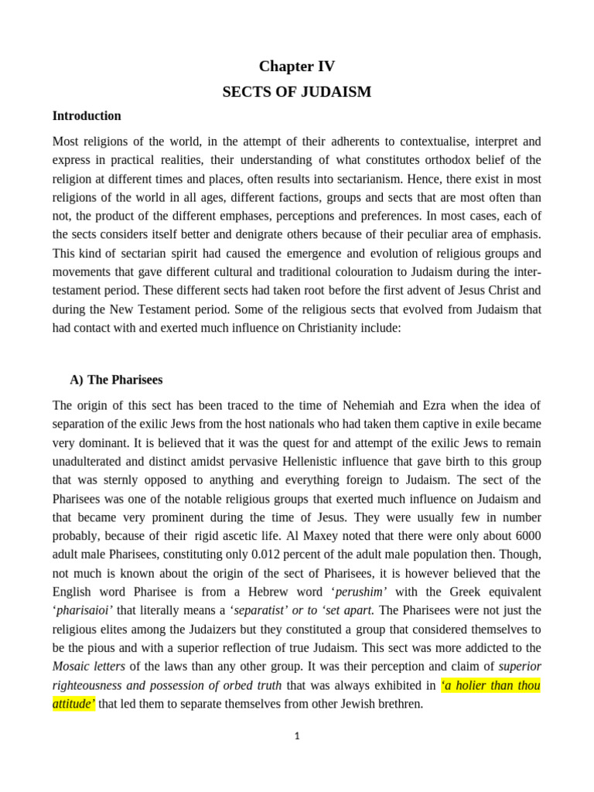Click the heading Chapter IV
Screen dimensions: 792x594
click(297, 67)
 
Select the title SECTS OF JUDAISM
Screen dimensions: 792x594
click(297, 92)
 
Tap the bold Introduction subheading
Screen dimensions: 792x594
click(87, 116)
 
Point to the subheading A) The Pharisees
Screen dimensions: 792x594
click(116, 380)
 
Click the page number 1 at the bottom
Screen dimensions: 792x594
click(297, 736)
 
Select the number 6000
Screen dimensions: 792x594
click(525, 535)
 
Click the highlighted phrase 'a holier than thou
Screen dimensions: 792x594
click(490, 685)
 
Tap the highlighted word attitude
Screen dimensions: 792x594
click(73, 705)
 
